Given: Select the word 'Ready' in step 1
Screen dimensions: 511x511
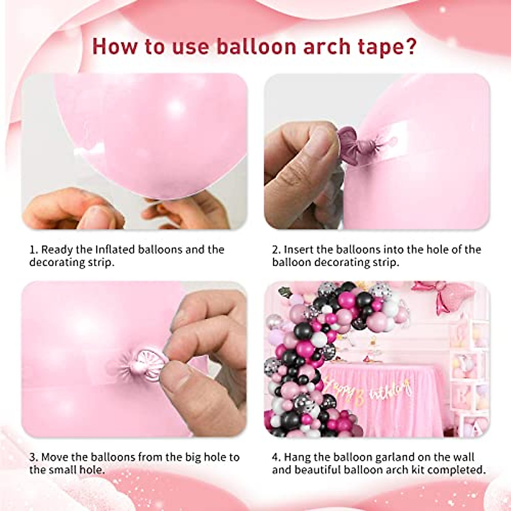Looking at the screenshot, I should coord(58,250).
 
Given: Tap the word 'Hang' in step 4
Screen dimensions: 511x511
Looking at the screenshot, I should coord(299,458).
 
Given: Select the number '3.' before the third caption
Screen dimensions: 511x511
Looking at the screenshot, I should coord(34,458).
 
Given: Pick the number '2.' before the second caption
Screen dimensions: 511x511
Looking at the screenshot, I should coord(277,250).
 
